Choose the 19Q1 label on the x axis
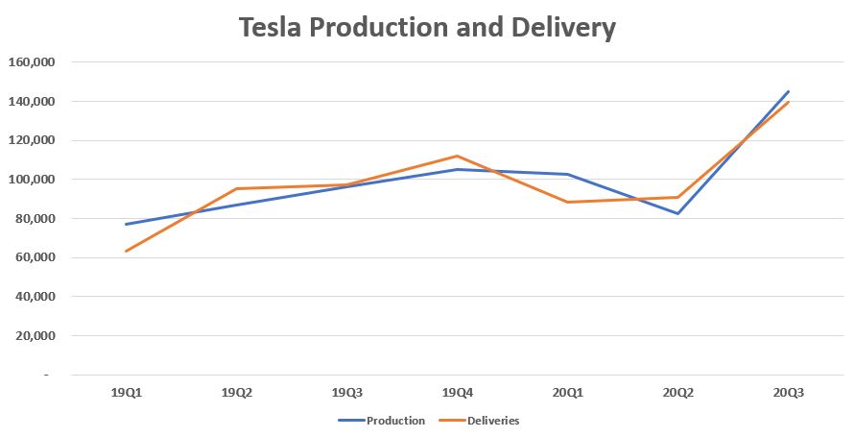tap(126, 392)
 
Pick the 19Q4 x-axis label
tap(457, 392)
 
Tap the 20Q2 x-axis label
tap(677, 392)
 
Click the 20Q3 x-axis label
tap(788, 392)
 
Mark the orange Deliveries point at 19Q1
tap(126, 252)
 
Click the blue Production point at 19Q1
tap(126, 225)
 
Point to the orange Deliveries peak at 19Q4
tap(457, 156)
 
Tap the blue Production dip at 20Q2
tap(677, 213)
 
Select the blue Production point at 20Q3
tap(788, 91)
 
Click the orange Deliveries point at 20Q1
tap(567, 202)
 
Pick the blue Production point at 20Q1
tap(567, 174)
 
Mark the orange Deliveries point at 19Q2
tap(236, 188)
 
